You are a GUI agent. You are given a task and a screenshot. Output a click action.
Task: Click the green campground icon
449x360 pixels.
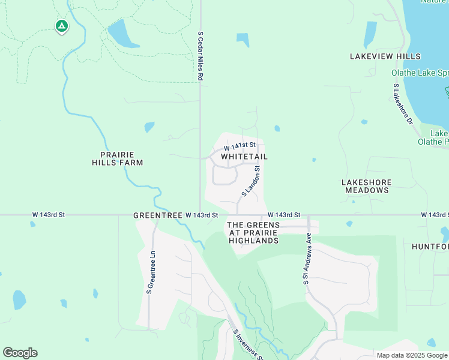point(61,26)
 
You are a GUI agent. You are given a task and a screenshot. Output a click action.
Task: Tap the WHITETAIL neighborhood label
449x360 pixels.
point(244,157)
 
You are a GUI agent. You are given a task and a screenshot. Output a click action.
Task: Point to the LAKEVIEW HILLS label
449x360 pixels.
point(385,56)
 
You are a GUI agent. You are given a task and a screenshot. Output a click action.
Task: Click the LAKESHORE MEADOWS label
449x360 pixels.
point(366,186)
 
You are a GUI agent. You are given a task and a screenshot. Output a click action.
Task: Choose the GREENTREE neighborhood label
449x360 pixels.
point(157,215)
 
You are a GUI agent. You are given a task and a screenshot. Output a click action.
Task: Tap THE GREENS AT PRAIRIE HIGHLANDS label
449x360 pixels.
point(253,233)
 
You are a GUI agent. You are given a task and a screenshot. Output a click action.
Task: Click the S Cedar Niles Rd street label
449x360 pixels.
point(201,56)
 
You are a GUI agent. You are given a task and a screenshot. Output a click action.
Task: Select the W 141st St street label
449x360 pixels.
point(240,146)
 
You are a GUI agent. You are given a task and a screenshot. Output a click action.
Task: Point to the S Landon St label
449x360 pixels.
point(250,182)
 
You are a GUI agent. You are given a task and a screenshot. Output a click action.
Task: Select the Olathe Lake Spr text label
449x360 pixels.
point(420,73)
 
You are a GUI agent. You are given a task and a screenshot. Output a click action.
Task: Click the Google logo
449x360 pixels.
point(20,353)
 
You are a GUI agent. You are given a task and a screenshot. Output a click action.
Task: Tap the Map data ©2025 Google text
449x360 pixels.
point(412,355)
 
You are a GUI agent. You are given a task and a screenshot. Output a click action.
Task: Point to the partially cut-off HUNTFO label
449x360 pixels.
point(430,247)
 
